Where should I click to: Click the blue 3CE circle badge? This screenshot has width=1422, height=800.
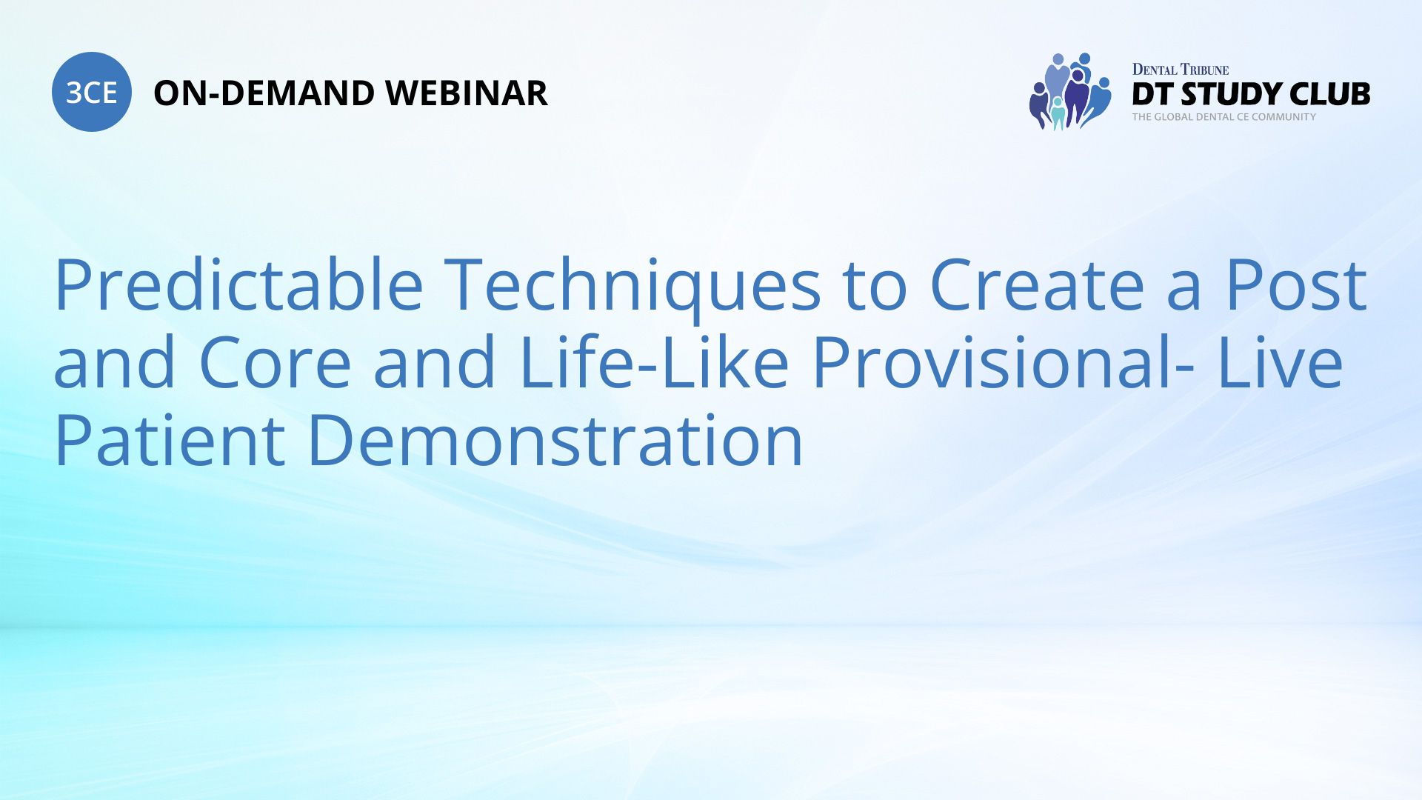(x=92, y=92)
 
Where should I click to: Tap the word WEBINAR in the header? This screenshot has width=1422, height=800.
(x=467, y=93)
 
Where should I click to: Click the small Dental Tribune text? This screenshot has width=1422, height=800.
(x=1181, y=70)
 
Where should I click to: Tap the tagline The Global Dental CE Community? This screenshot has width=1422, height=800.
(x=1224, y=117)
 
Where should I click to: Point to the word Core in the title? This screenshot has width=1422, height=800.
(x=275, y=363)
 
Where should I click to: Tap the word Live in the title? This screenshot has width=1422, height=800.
(x=1281, y=361)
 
